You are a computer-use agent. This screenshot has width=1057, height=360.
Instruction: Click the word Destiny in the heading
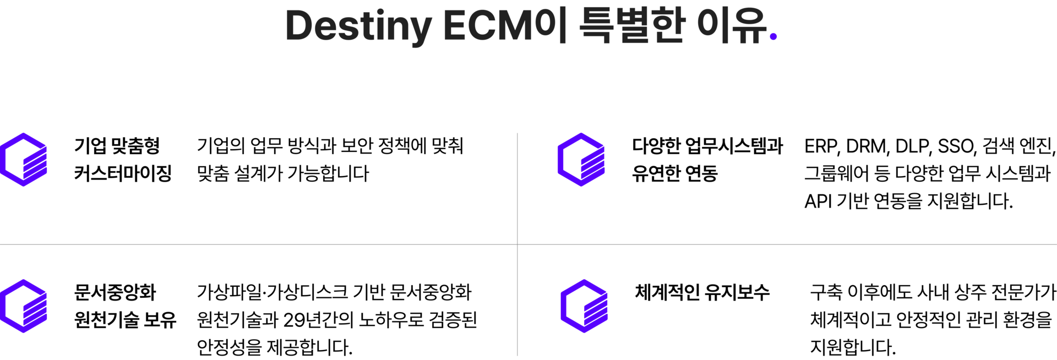(358, 26)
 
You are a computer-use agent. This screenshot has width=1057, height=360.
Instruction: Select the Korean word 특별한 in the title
(632, 26)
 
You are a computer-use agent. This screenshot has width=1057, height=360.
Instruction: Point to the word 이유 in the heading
(731, 26)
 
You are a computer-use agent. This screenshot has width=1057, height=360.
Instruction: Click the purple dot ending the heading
(773, 37)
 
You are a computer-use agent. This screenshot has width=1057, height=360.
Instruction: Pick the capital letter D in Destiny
(300, 26)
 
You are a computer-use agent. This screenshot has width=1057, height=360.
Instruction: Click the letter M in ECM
(517, 26)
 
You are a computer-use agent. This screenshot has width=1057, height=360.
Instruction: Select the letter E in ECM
(454, 26)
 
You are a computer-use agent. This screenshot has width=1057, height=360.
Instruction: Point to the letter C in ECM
(482, 26)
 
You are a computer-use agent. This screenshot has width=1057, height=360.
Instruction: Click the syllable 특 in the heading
(596, 26)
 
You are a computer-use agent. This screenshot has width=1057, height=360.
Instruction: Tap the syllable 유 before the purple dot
(750, 26)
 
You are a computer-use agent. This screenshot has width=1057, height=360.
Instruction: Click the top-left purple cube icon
(24, 160)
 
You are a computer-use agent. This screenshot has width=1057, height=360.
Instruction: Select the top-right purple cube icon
(581, 160)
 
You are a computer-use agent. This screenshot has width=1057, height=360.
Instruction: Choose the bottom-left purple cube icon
(24, 306)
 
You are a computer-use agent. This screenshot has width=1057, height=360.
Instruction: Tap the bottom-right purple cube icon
(584, 306)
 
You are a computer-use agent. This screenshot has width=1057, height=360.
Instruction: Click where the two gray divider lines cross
(517, 244)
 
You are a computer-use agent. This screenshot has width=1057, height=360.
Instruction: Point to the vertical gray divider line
(517, 187)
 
